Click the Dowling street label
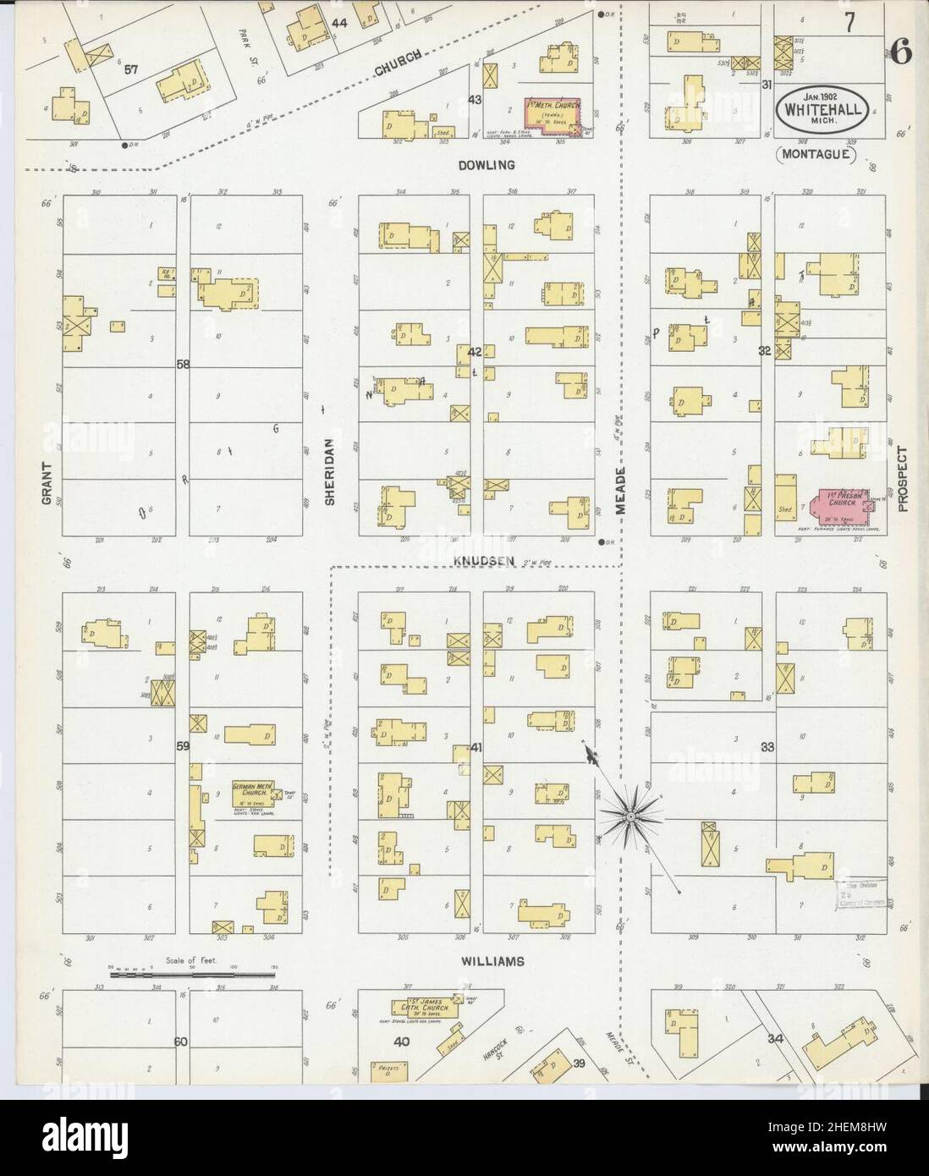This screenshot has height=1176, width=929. click(486, 166)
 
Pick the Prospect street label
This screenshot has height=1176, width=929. click(904, 479)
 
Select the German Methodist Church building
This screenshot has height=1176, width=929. click(255, 794)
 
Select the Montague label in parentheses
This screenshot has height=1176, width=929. click(816, 155)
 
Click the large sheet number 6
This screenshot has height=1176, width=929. click(901, 52)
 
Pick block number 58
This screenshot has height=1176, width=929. click(182, 365)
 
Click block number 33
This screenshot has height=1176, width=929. click(768, 747)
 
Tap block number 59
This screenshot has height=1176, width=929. click(182, 746)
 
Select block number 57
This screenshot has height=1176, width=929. click(131, 70)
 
